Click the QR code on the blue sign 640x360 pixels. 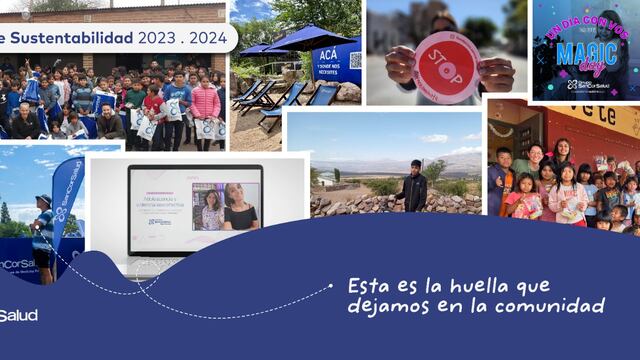[355, 60]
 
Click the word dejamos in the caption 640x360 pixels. [389, 306]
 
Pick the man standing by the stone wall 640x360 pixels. [414, 184]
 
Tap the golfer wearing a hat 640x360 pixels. [42, 235]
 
